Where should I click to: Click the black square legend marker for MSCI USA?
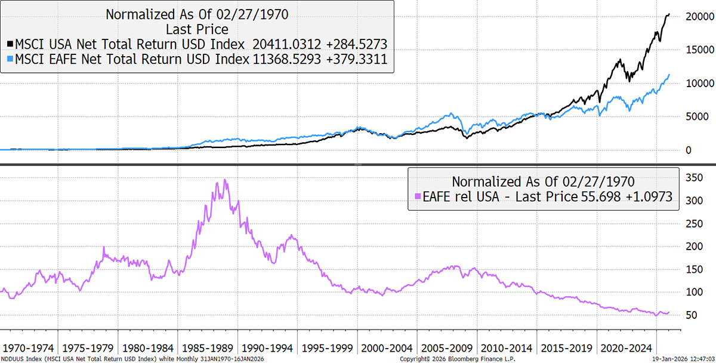click(x=10, y=44)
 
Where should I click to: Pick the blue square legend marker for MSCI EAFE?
click(x=10, y=59)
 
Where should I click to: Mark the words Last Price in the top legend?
click(x=197, y=29)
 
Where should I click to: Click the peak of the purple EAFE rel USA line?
click(x=224, y=180)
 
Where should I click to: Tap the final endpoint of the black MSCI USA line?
click(x=669, y=14)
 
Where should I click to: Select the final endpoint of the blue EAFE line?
click(x=669, y=75)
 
